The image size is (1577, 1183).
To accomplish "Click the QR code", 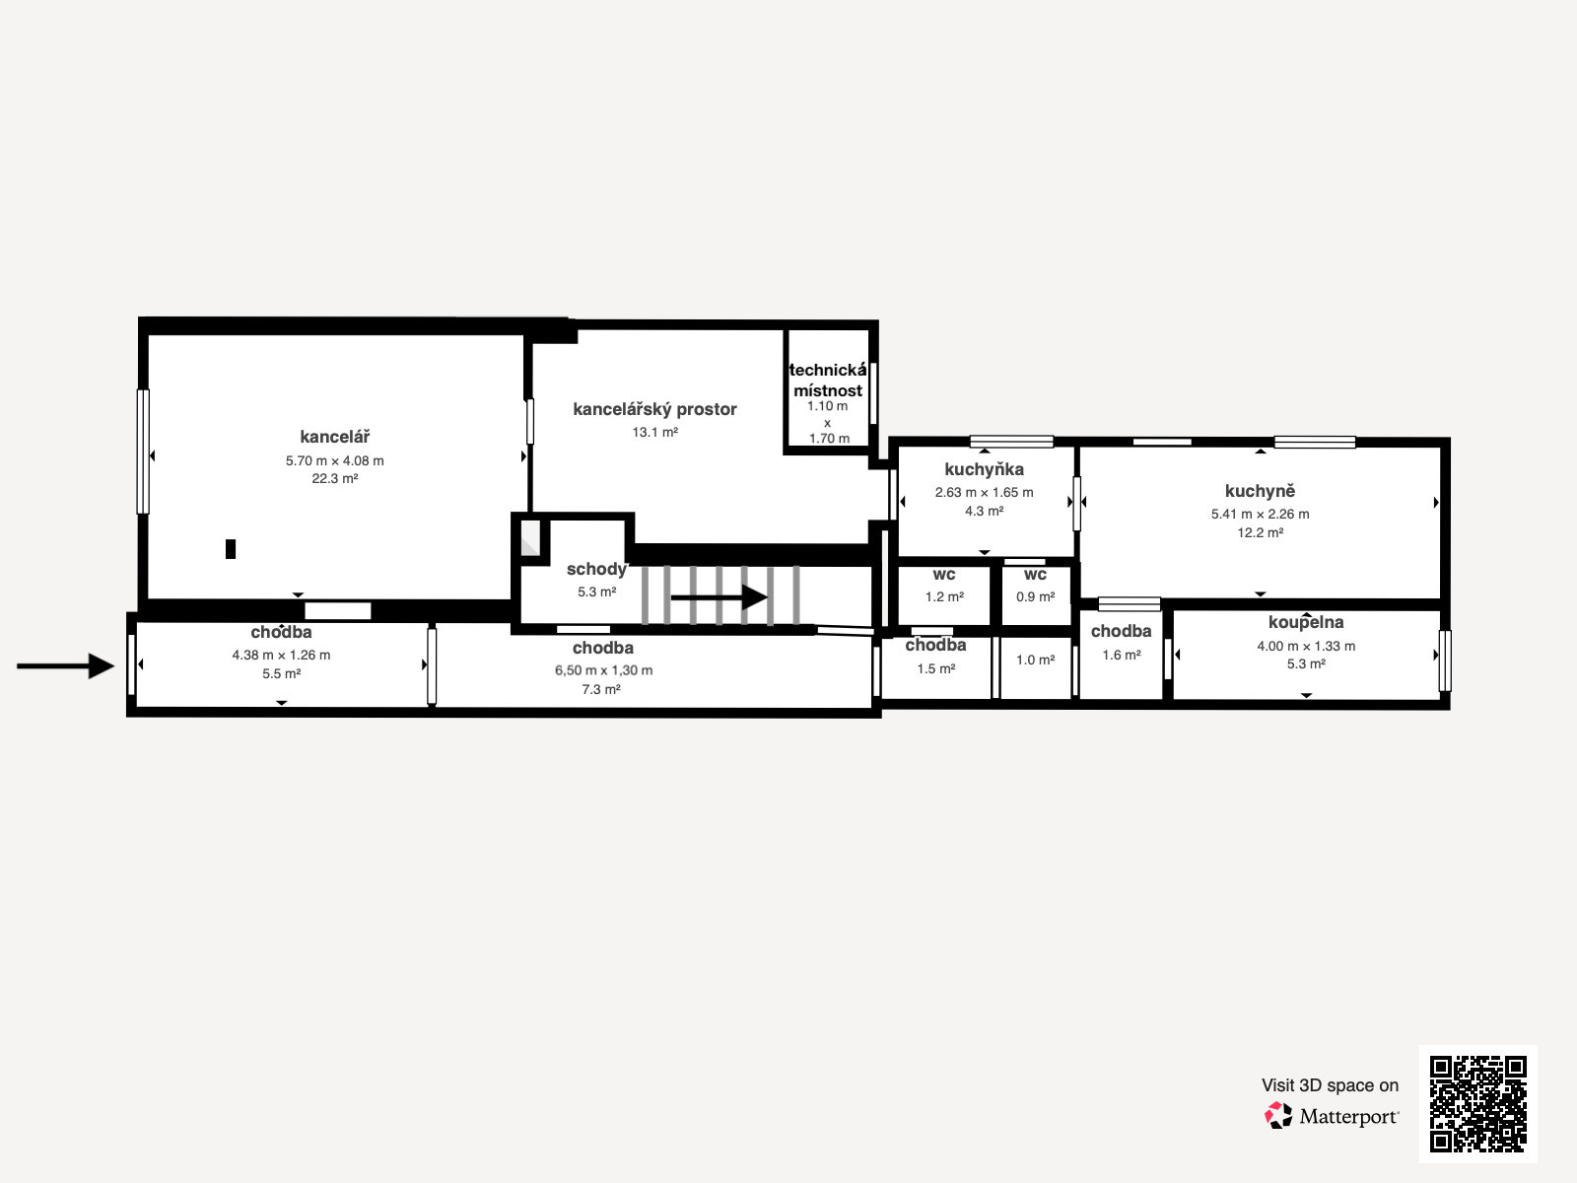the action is (1477, 1104).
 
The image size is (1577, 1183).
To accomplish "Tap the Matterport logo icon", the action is (1278, 1116).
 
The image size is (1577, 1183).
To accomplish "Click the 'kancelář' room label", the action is (335, 437).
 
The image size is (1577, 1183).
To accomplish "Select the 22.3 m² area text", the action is (335, 478).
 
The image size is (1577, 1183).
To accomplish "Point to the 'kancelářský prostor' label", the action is (654, 409).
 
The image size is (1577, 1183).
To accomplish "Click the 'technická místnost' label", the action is (828, 381).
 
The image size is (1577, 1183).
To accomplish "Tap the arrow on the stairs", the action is (720, 596).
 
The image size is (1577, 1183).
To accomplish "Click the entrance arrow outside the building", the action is (65, 665).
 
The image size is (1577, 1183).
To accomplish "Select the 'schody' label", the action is (596, 570).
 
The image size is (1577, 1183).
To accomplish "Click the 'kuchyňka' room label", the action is (985, 470).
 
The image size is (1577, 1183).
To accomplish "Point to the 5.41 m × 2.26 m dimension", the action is (1261, 515).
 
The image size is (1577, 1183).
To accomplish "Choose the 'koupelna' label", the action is (1306, 622).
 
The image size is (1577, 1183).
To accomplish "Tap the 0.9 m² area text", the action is (1035, 596).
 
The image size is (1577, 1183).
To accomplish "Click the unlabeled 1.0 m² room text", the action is (1035, 661).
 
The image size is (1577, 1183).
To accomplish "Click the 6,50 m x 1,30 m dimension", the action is (603, 670).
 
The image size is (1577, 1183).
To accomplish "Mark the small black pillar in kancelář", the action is (231, 549).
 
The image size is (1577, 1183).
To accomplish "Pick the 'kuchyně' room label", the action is (1261, 491).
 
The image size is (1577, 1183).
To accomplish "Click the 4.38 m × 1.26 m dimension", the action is (281, 655).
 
